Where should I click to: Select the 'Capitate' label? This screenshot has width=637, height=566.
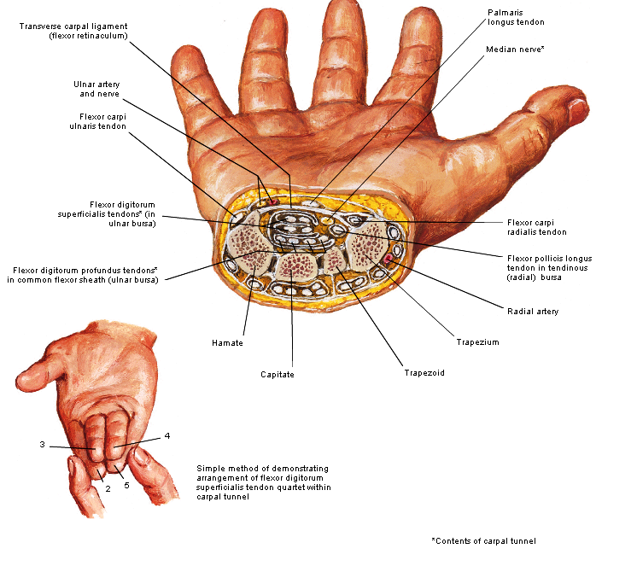click(x=278, y=374)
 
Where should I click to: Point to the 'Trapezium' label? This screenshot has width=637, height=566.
click(x=478, y=342)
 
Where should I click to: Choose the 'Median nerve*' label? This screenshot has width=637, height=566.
click(x=515, y=50)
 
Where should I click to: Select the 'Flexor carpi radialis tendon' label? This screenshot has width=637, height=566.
click(x=536, y=227)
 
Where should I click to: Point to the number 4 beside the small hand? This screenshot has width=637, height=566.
click(x=167, y=436)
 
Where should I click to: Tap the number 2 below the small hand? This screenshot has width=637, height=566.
click(x=108, y=488)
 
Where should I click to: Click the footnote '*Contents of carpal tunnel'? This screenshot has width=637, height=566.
click(x=486, y=541)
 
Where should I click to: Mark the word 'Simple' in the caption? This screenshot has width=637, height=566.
click(x=210, y=469)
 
